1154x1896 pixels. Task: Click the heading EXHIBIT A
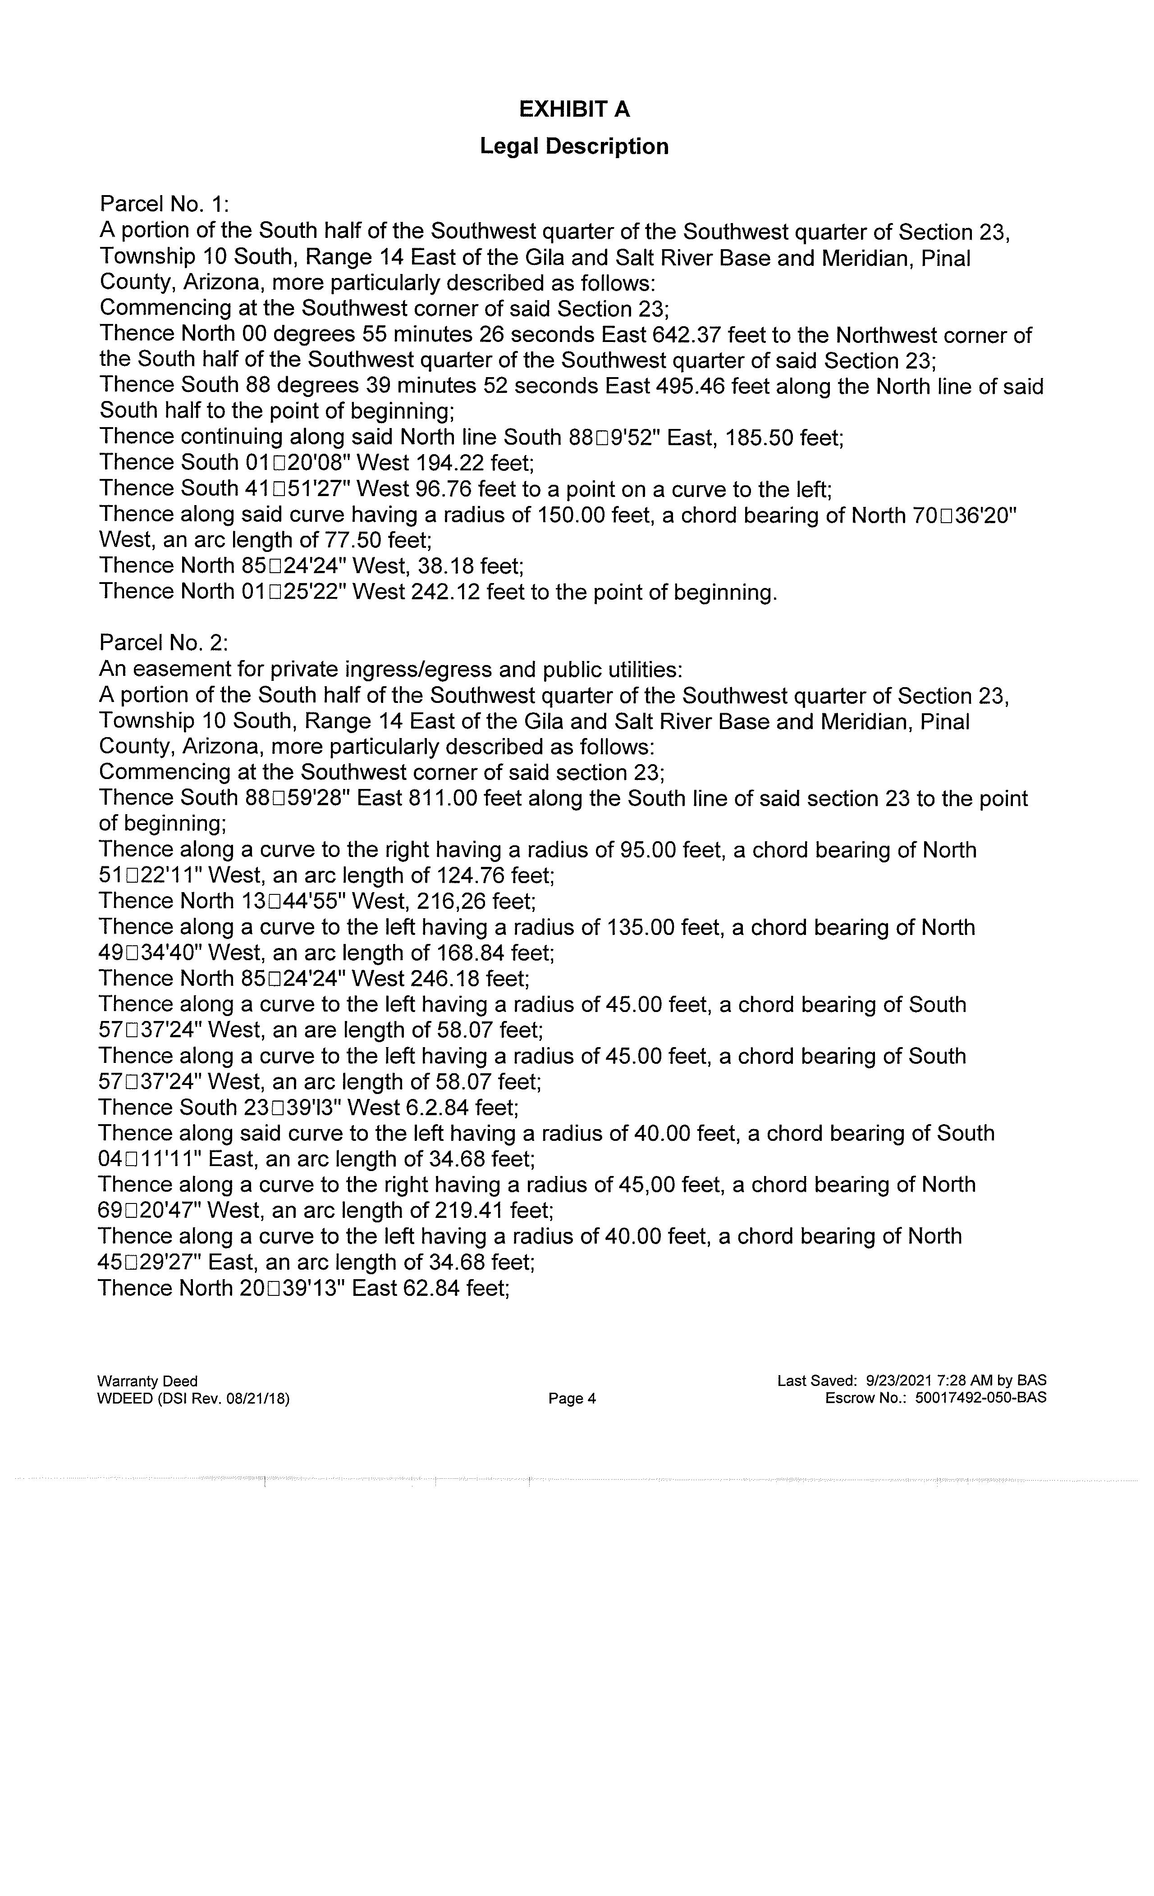click(574, 110)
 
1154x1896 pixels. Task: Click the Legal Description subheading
click(574, 146)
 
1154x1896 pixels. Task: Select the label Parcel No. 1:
click(165, 204)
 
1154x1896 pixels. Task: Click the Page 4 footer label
click(572, 1398)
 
